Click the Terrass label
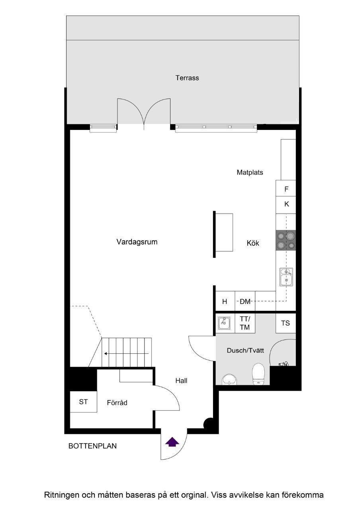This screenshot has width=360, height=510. (187, 78)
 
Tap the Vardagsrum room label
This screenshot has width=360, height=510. (137, 242)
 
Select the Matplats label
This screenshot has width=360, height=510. (250, 173)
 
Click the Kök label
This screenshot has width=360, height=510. (253, 243)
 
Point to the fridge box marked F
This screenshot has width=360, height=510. (286, 189)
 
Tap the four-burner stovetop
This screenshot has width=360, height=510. (286, 240)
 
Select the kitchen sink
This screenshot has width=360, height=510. (286, 277)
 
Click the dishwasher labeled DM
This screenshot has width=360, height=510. (245, 302)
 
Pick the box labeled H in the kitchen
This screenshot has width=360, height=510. (225, 302)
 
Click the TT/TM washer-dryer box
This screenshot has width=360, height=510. (245, 323)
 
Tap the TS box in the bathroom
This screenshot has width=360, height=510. (286, 323)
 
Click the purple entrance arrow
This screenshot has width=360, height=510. (172, 441)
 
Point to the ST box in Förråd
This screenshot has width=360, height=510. (83, 402)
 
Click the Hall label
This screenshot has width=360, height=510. (181, 381)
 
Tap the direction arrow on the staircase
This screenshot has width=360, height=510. (126, 353)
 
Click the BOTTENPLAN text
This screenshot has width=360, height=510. (93, 446)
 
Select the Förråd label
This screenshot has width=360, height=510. (117, 403)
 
